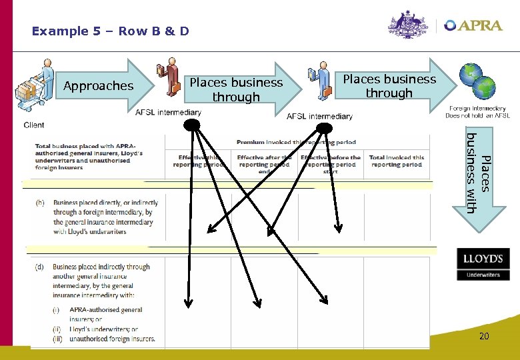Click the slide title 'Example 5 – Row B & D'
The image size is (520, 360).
point(110,31)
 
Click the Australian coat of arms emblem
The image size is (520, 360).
point(408,25)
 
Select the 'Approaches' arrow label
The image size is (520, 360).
point(98,86)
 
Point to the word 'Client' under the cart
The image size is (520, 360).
point(34,125)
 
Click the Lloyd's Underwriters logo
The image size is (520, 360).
point(483,264)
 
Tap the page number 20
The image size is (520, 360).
point(484,336)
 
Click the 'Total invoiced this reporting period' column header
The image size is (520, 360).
point(397,161)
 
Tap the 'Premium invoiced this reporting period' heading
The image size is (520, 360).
point(296,142)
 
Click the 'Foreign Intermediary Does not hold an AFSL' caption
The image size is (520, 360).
point(477,112)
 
